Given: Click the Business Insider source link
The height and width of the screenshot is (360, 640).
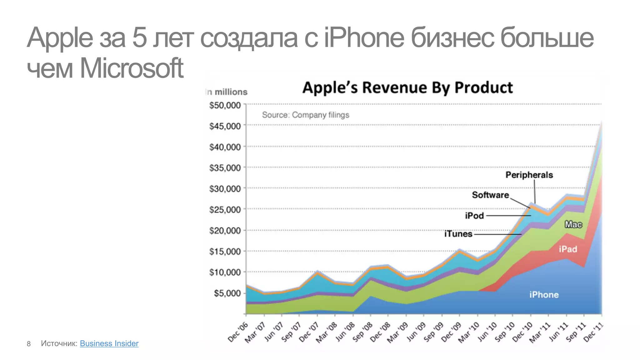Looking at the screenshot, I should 109,343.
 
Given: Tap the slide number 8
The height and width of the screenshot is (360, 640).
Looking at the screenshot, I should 29,344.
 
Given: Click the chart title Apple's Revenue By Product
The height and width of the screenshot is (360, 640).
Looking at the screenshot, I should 407,87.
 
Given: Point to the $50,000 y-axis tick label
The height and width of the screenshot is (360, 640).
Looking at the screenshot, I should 225,105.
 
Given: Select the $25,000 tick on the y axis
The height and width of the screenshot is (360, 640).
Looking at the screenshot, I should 225,210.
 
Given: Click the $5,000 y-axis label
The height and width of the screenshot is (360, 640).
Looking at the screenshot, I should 227,293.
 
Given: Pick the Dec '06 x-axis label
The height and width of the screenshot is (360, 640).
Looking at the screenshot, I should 238,332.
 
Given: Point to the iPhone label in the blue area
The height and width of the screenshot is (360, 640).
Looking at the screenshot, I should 544,295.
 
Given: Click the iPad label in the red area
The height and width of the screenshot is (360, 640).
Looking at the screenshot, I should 568,249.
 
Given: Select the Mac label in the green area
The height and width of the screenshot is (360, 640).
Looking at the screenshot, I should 573,224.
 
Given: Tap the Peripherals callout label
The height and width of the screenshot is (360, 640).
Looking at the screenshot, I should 529,175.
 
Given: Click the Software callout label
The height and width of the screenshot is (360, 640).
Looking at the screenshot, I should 490,195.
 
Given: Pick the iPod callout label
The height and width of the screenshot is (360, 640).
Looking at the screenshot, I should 474,216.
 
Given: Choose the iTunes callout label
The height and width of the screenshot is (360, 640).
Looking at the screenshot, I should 458,234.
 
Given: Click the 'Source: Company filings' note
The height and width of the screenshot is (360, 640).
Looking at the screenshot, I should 305,115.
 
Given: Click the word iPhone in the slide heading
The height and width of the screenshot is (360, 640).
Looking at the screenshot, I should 364,38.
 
